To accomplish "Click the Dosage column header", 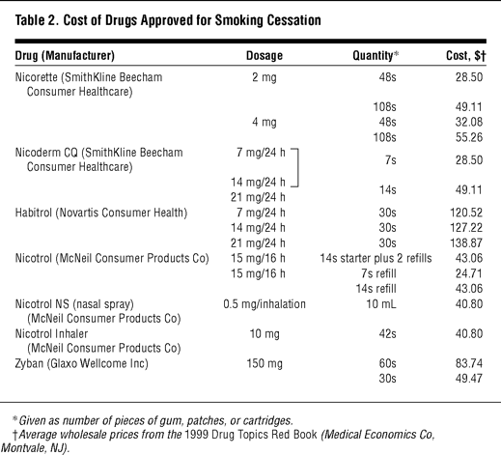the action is coord(264,56).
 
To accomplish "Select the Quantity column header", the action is coord(376,56).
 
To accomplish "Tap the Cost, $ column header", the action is coord(466,56).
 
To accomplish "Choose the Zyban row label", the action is coord(29,363).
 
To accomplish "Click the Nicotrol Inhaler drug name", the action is coord(51,334).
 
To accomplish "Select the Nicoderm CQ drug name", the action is coord(46,153).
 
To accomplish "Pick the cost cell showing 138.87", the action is coord(466,243).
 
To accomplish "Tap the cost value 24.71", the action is coord(469,273).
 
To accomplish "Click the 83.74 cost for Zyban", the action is coord(469,363).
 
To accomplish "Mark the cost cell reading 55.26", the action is coord(469,137).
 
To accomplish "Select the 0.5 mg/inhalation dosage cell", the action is coord(264,304).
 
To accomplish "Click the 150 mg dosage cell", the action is coord(264,364).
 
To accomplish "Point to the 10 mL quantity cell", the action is coord(381,304).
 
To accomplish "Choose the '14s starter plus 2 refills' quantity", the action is coord(376,259).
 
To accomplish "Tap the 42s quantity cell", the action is coord(387,334).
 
